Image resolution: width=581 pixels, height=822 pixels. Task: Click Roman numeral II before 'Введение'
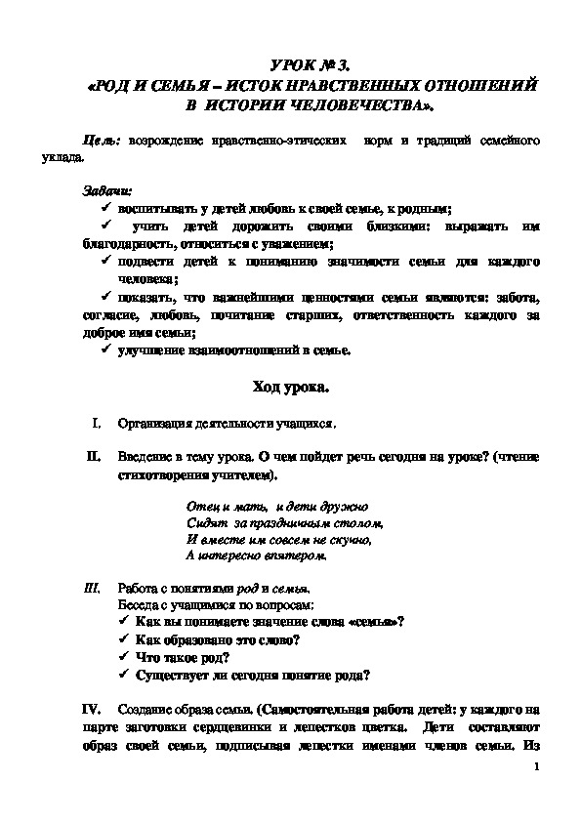[93, 456]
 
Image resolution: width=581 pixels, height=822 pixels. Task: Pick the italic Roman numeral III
[93, 589]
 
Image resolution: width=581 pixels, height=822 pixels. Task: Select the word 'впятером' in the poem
[289, 555]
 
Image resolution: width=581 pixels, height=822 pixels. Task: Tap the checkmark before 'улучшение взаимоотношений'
[106, 350]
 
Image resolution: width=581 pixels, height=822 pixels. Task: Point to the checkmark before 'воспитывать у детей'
[106, 209]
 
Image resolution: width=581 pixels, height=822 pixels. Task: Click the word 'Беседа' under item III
[136, 605]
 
